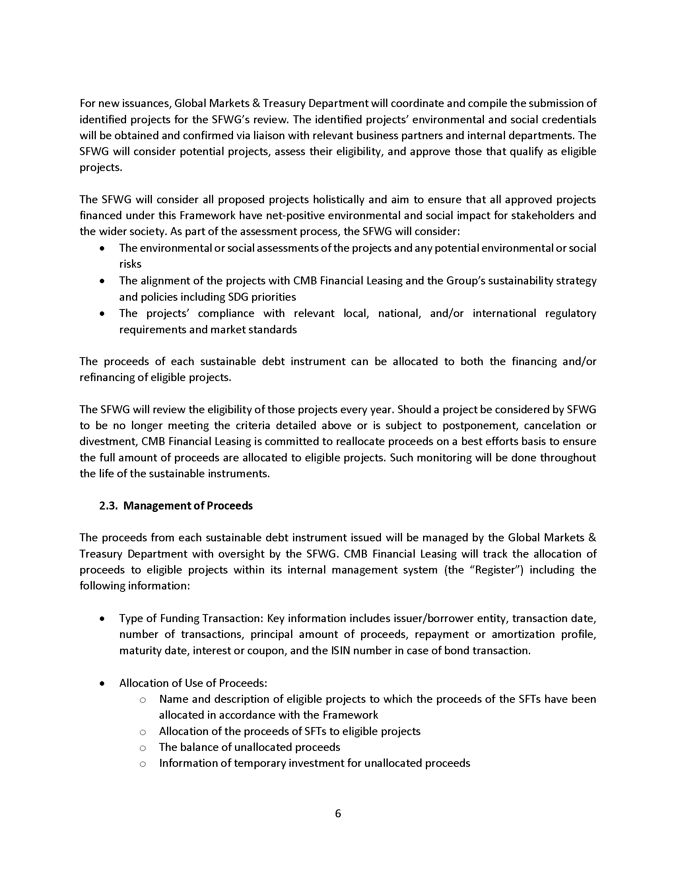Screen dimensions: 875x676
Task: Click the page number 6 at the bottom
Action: [x=338, y=813]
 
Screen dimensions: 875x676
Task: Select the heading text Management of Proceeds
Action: [x=188, y=506]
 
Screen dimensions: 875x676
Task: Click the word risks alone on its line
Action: [x=130, y=264]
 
